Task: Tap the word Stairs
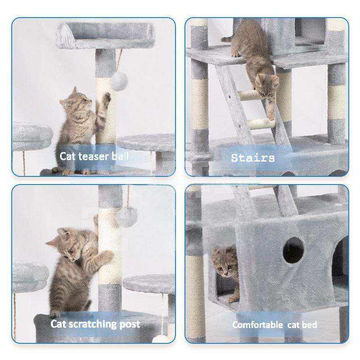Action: click(x=252, y=158)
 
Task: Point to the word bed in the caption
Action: click(x=310, y=324)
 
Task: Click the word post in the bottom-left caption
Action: click(x=130, y=324)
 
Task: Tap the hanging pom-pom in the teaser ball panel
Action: click(x=118, y=81)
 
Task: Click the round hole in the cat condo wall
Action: click(x=293, y=250)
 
